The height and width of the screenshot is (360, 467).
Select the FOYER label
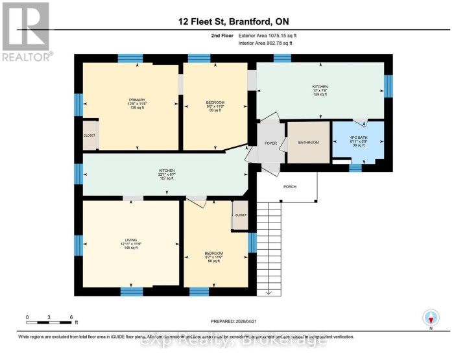coord(270,142)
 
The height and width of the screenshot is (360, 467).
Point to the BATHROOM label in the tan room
coord(309,142)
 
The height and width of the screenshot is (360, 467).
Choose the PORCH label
coord(290,187)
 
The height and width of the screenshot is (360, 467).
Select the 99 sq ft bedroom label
coord(215,111)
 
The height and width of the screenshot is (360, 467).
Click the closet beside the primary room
coord(90,136)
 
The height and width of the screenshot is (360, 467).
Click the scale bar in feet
coord(49,318)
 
